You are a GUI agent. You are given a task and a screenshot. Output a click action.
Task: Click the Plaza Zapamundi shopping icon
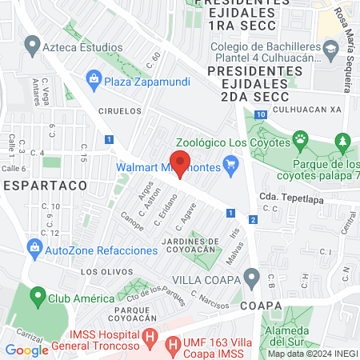(x=94, y=79)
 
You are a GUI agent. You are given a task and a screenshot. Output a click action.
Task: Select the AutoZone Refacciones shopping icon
(x=34, y=246)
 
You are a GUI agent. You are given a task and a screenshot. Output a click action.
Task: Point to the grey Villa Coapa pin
(x=252, y=280)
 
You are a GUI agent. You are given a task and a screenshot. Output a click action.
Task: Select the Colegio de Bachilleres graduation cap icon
(x=329, y=52)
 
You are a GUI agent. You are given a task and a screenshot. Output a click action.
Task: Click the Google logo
(x=27, y=350)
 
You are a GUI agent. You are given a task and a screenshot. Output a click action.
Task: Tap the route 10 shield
(x=262, y=114)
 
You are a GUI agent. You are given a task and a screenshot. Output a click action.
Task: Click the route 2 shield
(x=253, y=218)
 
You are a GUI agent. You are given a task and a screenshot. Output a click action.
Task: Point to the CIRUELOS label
(x=120, y=111)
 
